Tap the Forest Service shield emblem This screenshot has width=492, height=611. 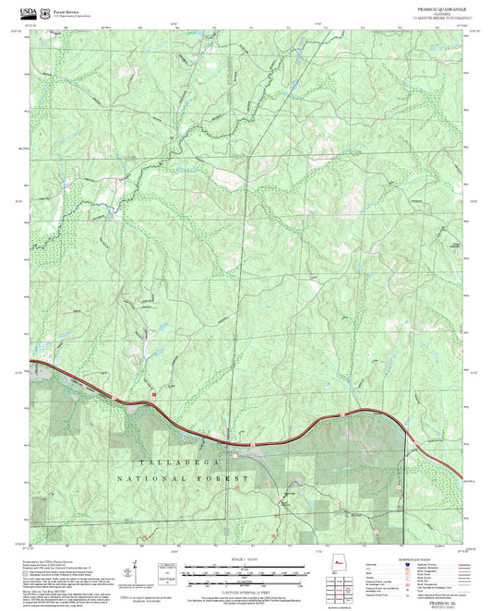tap(47, 10)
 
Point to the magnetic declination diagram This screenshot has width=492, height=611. tap(136, 570)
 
